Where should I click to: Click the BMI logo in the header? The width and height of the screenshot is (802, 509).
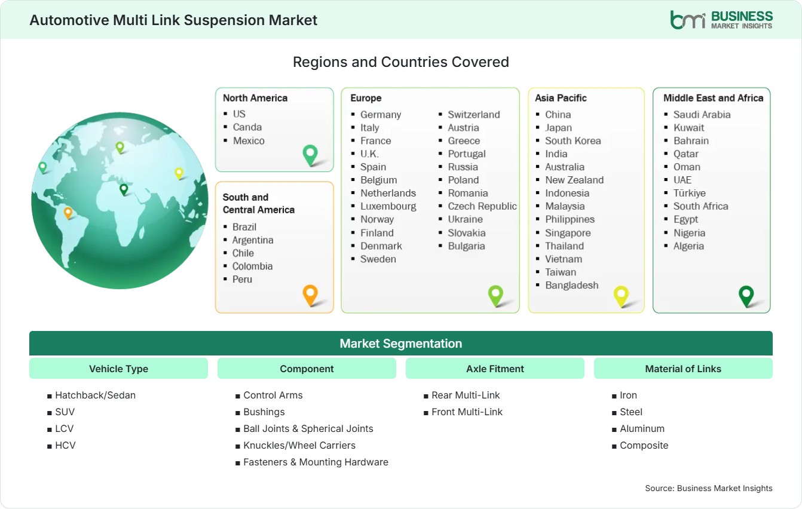[721, 20]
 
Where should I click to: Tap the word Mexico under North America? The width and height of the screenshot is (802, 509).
[249, 140]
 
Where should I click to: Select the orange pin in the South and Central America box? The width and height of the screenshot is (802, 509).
[310, 295]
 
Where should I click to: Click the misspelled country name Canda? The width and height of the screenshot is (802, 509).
[247, 127]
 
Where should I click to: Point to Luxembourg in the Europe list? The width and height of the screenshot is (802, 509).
[388, 207]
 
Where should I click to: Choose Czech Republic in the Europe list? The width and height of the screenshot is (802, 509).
[482, 206]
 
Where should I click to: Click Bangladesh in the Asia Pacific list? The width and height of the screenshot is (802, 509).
[572, 286]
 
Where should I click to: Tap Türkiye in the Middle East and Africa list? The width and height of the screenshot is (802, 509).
[690, 194]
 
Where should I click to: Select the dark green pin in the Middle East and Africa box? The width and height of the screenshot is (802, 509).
[746, 296]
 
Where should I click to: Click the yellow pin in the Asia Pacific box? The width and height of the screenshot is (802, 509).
[621, 296]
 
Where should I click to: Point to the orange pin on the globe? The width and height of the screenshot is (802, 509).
[68, 213]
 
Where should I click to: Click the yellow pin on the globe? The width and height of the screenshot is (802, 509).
[179, 173]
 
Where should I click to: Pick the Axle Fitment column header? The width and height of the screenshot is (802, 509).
[495, 369]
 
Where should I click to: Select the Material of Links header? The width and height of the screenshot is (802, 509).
[683, 369]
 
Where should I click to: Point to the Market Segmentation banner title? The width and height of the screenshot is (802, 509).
[400, 344]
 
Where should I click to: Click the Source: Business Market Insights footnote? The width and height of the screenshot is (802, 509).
[709, 488]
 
